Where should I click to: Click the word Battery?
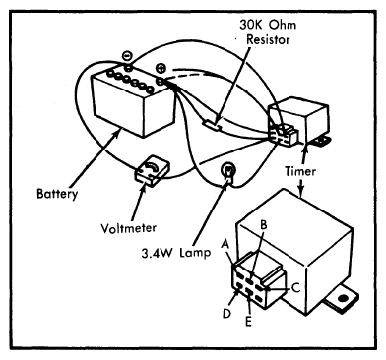click(57, 194)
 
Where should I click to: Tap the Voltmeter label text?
click(129, 228)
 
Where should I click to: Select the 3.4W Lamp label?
click(176, 253)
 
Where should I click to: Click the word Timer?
click(300, 171)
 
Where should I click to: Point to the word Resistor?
click(268, 39)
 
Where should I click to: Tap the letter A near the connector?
click(225, 244)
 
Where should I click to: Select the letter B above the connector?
click(264, 225)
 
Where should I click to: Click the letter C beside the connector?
click(295, 288)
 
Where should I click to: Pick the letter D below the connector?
click(226, 313)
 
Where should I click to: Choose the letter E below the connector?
click(248, 322)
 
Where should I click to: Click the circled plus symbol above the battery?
click(161, 68)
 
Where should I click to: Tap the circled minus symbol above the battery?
click(127, 56)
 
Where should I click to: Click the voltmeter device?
click(152, 170)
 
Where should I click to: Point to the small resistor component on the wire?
click(212, 125)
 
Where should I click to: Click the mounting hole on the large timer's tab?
click(344, 298)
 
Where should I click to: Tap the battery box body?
click(133, 101)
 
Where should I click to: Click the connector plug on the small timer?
click(284, 136)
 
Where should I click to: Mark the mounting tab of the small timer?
click(320, 142)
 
